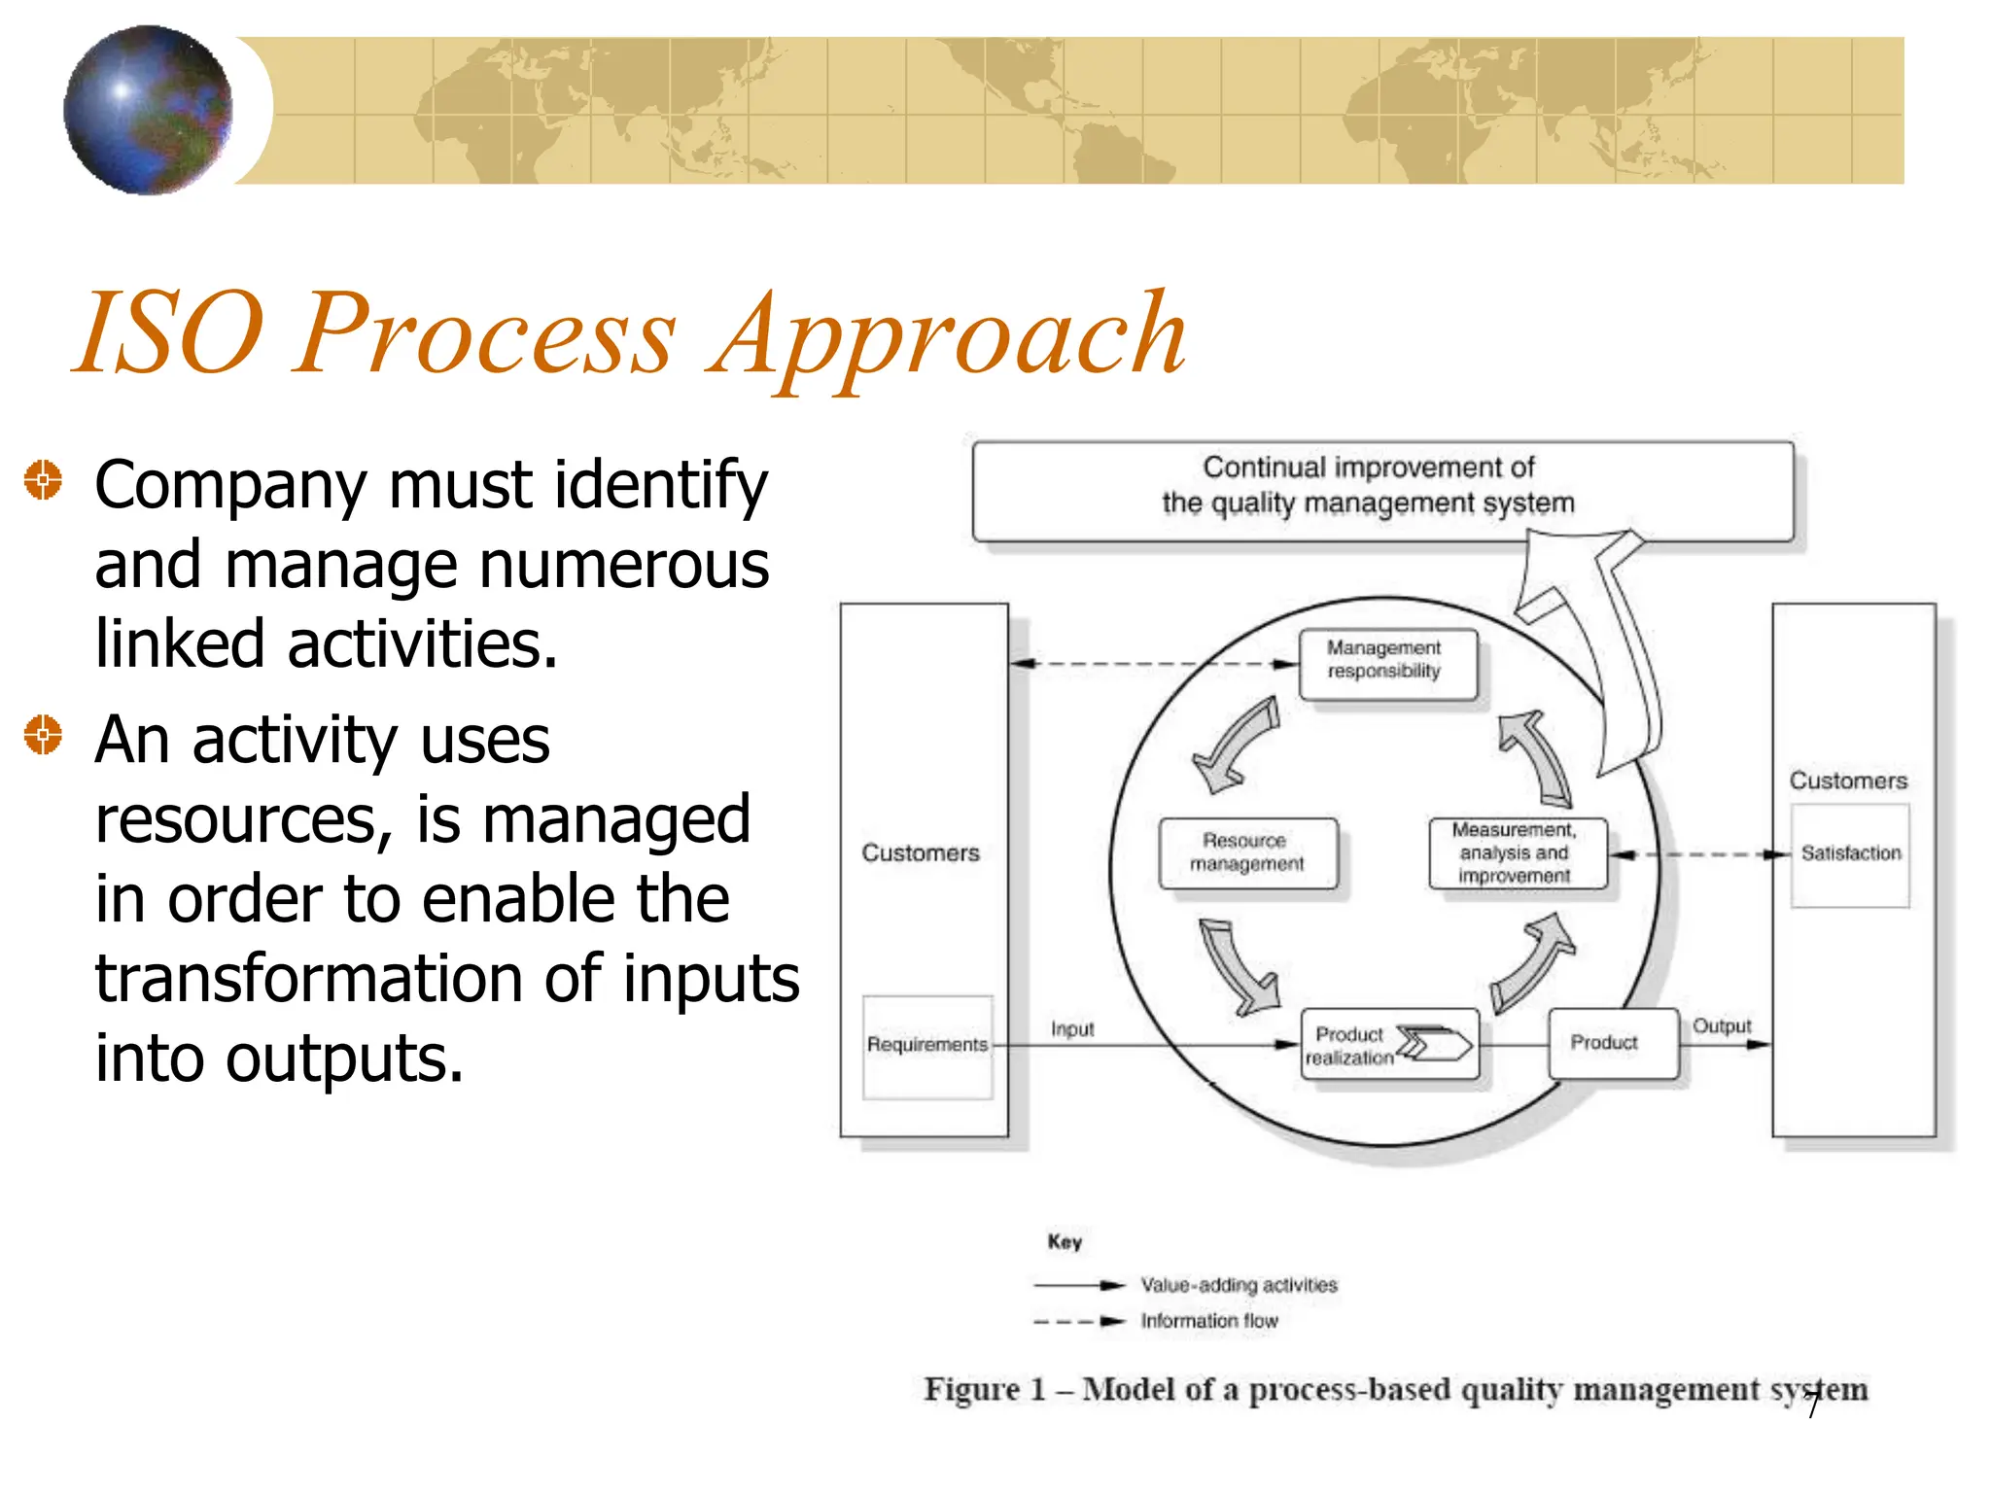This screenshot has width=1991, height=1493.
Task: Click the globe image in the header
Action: (x=148, y=110)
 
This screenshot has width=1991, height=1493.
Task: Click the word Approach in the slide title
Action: (x=948, y=335)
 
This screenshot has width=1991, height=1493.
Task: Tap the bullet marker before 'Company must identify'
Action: (x=43, y=479)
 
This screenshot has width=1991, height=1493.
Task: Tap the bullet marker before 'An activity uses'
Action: (x=43, y=734)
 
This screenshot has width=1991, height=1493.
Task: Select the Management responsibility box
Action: (x=1387, y=665)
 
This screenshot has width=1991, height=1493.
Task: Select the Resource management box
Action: (x=1247, y=853)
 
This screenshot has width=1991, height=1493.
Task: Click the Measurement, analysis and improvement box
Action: (x=1517, y=853)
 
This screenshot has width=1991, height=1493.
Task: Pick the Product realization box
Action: (x=1389, y=1045)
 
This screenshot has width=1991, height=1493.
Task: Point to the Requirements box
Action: (x=927, y=1046)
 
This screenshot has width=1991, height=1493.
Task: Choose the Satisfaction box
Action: (x=1850, y=854)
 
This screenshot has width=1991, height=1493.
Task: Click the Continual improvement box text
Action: (x=1368, y=485)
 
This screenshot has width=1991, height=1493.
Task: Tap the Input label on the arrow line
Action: (x=1072, y=1029)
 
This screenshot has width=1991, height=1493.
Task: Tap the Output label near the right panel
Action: (x=1721, y=1026)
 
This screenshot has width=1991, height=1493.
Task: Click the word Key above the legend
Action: (x=1065, y=1242)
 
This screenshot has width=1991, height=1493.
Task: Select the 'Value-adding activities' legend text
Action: (x=1239, y=1286)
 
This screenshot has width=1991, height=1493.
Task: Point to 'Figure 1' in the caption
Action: (x=984, y=1390)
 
